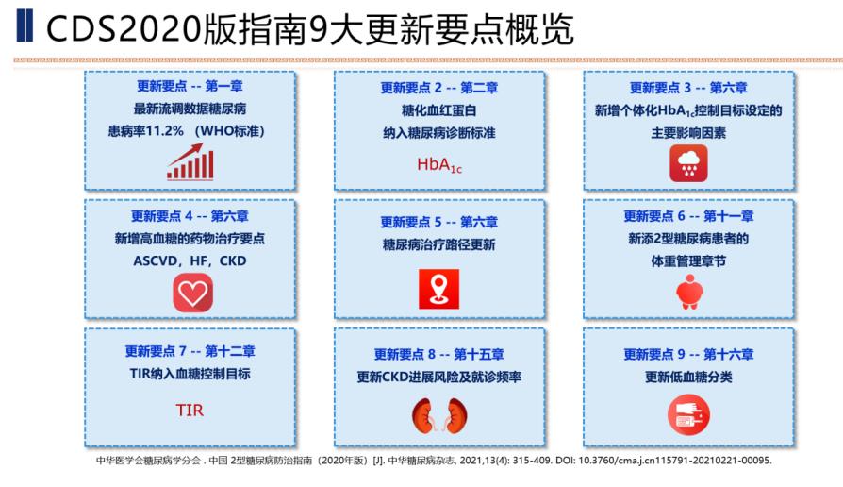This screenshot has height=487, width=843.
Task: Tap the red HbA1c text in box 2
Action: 438,165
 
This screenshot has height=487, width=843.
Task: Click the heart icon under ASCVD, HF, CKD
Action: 192,293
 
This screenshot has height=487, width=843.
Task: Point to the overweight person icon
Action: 688,294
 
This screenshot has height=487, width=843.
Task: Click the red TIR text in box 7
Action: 190,411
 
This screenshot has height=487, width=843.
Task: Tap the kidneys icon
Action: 438,415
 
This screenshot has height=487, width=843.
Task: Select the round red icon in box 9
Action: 688,415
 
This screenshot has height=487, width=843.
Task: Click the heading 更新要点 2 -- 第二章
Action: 439,88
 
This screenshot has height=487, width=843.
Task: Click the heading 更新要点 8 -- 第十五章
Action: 439,355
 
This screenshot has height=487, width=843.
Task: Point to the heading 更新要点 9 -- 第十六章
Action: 688,355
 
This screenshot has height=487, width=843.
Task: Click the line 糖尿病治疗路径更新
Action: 439,245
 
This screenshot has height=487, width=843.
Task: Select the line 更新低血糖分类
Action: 688,378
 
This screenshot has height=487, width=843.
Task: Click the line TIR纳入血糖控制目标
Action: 190,374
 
